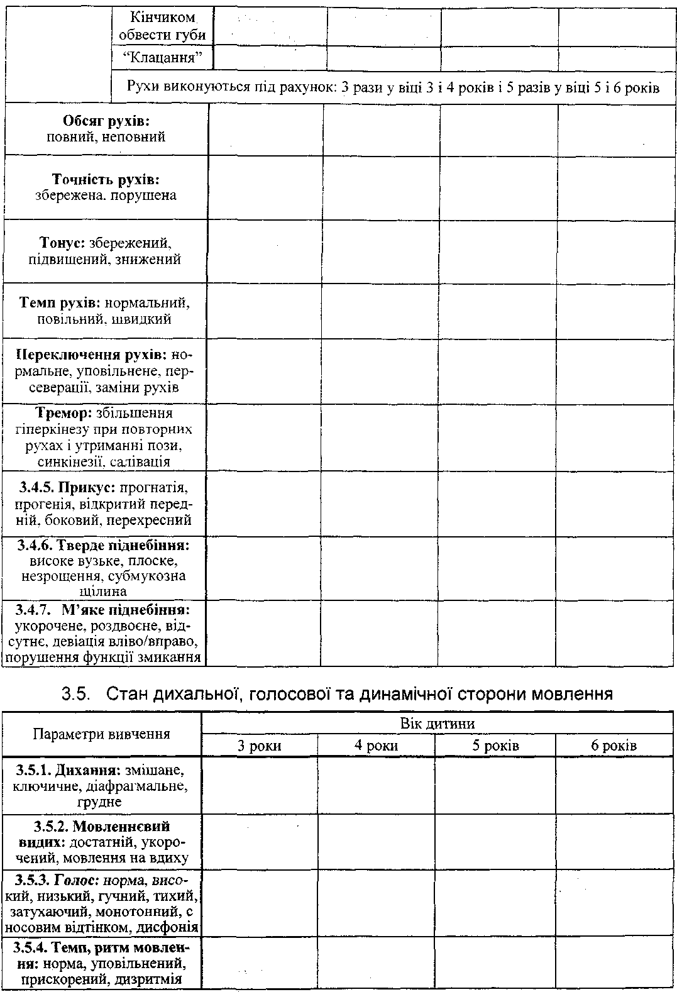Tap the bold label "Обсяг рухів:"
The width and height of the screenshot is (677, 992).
point(107,120)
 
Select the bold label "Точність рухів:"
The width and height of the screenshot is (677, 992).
point(106,179)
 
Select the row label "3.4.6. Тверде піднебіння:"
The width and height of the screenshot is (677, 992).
point(104,544)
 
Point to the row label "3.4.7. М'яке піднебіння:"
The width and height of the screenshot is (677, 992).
point(104,610)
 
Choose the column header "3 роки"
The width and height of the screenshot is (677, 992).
point(259,746)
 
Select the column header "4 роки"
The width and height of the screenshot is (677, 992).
point(375,746)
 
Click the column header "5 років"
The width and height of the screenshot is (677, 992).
point(496,746)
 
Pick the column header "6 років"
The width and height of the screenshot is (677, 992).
point(614,746)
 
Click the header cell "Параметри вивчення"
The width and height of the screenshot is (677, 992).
point(101,734)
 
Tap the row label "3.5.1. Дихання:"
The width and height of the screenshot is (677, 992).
point(69,769)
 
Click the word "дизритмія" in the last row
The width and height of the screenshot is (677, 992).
point(150,979)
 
